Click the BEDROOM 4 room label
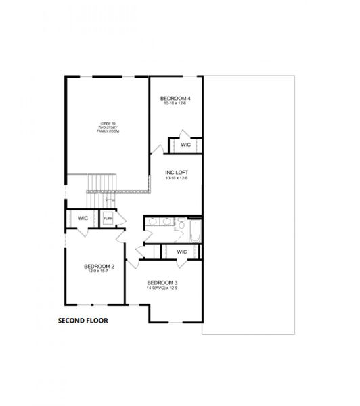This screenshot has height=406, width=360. [x=175, y=99]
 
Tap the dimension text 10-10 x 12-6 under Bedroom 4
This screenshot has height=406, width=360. [x=175, y=104]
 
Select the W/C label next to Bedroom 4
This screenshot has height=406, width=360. [x=186, y=145]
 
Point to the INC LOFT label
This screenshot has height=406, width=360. [x=176, y=172]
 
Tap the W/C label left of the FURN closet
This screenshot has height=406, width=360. [x=83, y=218]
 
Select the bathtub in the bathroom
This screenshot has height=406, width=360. [x=195, y=231]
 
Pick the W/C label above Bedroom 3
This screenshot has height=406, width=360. [x=181, y=252]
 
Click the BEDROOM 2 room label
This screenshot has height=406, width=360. [x=99, y=267]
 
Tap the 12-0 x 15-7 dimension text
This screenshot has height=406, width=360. [x=99, y=271]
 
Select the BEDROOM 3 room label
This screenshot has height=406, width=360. [x=162, y=282]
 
